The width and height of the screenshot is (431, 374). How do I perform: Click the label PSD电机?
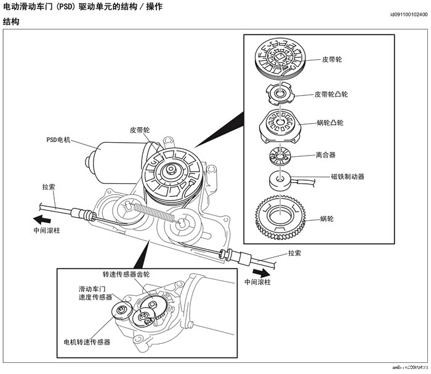tap(59, 140)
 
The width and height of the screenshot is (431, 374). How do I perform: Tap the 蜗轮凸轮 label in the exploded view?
tap(329, 122)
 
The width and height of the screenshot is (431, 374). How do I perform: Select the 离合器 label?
tap(326, 156)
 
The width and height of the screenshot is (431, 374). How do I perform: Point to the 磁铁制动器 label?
tap(347, 177)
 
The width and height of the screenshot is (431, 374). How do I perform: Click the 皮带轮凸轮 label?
tap(331, 95)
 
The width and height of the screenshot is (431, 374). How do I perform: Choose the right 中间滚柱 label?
tap(257, 282)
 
